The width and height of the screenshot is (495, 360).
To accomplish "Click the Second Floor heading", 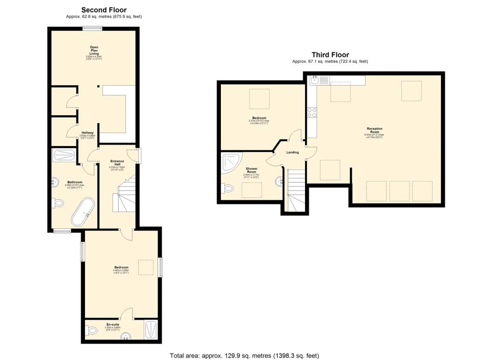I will point(104,10).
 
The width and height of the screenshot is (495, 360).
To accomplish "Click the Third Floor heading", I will point(330,55).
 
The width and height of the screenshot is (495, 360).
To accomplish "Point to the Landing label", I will point(292,152).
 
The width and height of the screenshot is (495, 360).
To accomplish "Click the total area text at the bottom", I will point(244,356).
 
